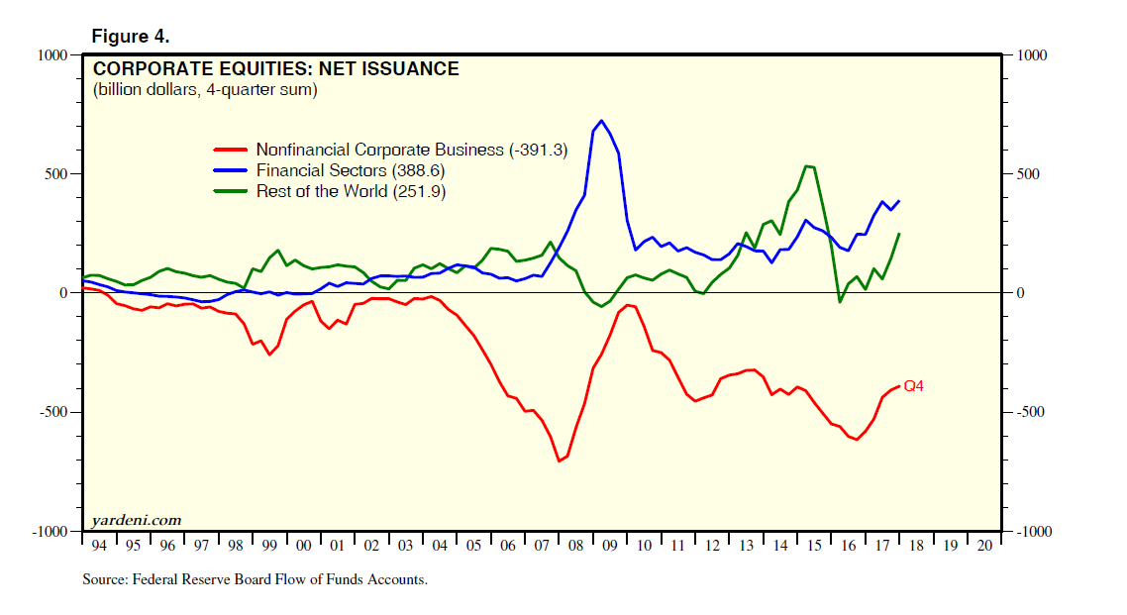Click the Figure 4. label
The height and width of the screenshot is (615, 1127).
click(130, 37)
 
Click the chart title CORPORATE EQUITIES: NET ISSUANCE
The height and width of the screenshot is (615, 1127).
click(275, 69)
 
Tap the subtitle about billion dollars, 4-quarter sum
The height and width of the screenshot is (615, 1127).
click(205, 90)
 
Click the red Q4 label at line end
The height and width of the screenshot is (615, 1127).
click(914, 386)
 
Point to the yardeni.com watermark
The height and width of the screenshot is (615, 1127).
click(137, 520)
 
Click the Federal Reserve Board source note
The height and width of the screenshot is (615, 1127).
click(255, 580)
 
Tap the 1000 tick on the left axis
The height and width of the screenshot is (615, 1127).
click(48, 55)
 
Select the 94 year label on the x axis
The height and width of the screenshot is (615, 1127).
click(97, 546)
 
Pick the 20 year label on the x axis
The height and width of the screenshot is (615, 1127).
click(982, 546)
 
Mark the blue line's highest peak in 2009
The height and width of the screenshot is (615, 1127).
click(601, 121)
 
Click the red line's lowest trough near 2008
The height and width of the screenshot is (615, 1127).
click(560, 461)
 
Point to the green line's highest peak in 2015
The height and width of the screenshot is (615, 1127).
click(807, 166)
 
